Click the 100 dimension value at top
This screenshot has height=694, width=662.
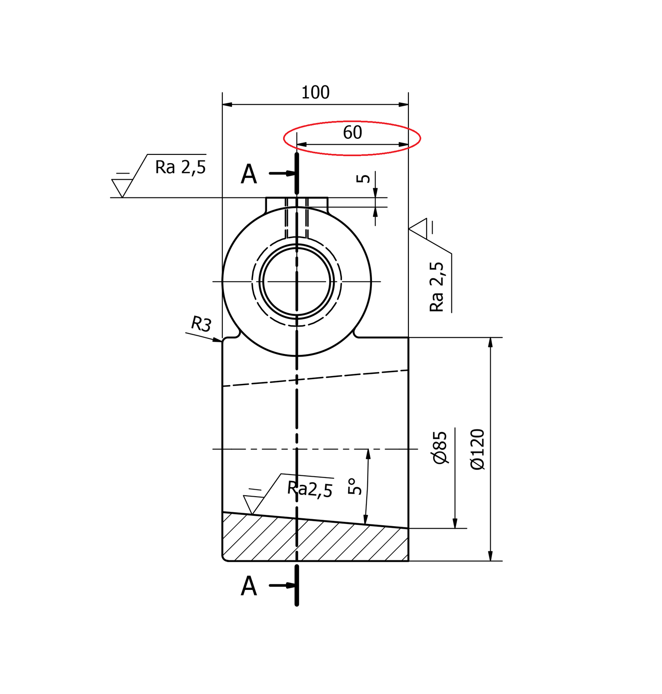pyautogui.click(x=315, y=92)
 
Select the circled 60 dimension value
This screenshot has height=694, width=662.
pyautogui.click(x=352, y=132)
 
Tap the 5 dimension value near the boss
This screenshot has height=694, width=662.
pyautogui.click(x=363, y=178)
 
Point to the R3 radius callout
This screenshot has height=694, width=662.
pyautogui.click(x=201, y=324)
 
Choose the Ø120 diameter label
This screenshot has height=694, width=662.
pyautogui.click(x=477, y=449)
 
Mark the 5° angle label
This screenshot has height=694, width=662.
pyautogui.click(x=354, y=486)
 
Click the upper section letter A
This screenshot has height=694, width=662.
pyautogui.click(x=249, y=174)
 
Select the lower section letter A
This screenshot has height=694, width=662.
pyautogui.click(x=249, y=586)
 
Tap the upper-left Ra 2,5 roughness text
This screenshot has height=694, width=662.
pyautogui.click(x=180, y=167)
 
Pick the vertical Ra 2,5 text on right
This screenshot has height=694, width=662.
pyautogui.click(x=437, y=287)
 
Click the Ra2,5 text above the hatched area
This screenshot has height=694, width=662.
pyautogui.click(x=310, y=489)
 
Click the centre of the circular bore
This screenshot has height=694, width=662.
pyautogui.click(x=297, y=282)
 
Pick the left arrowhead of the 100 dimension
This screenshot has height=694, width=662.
pyautogui.click(x=227, y=105)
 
